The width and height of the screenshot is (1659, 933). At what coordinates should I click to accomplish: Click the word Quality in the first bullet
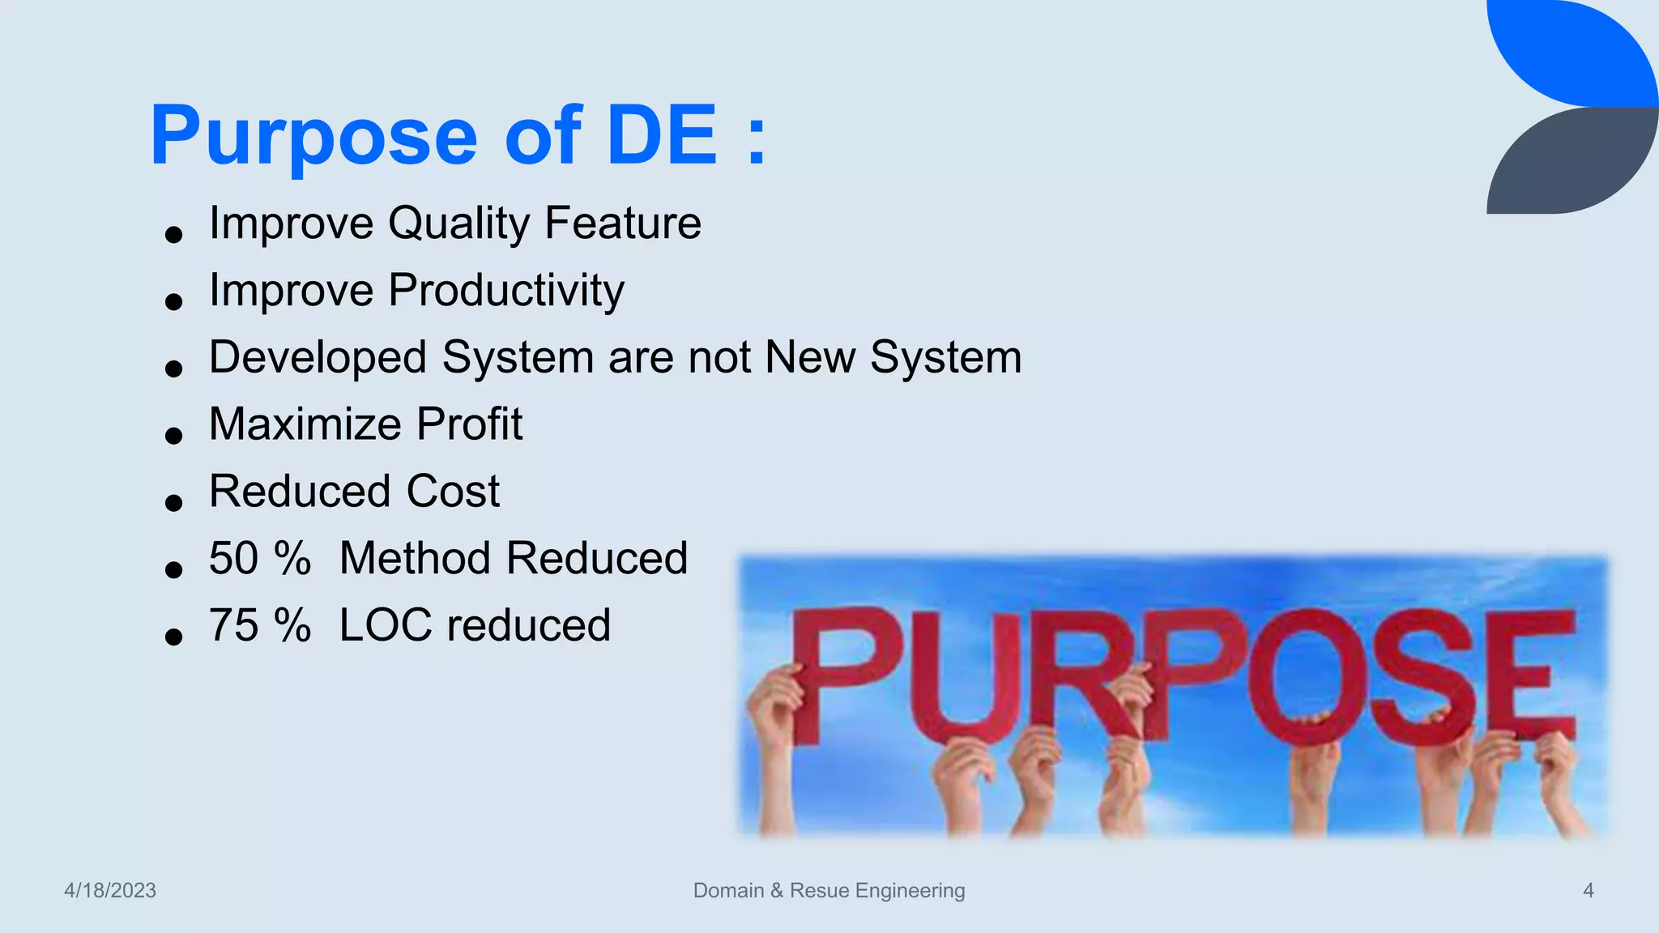click(x=458, y=224)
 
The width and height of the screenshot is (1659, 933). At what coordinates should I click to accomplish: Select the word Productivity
click(x=506, y=291)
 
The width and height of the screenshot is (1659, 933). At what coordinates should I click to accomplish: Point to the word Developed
click(x=318, y=358)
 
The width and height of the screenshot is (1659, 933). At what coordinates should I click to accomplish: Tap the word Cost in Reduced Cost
click(x=453, y=492)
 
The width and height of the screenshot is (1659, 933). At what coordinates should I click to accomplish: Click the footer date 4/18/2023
click(x=110, y=891)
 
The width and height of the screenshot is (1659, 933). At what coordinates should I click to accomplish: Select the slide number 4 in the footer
click(x=1588, y=891)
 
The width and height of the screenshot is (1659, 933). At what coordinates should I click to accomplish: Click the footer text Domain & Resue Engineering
click(x=829, y=891)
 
